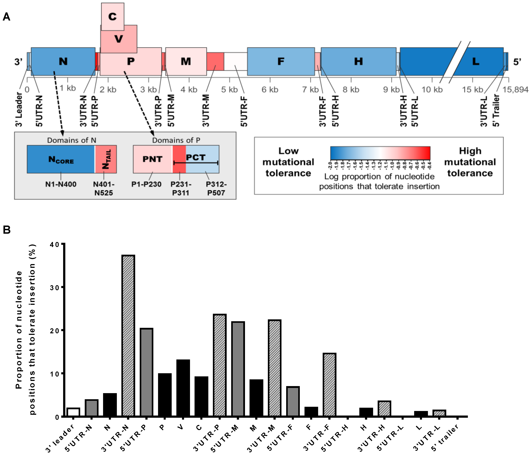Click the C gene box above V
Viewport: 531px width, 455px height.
coord(112,16)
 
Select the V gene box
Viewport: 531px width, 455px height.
coord(119,39)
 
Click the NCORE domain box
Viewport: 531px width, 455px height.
coord(61,159)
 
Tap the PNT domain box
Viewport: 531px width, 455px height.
coord(152,159)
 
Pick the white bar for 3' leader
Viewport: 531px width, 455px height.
coord(73,412)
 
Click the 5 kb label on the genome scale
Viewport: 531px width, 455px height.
coord(229,90)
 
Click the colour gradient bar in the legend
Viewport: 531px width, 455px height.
coord(380,153)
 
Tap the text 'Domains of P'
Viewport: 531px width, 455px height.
coord(176,140)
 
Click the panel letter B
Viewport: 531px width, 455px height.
coord(7,230)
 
